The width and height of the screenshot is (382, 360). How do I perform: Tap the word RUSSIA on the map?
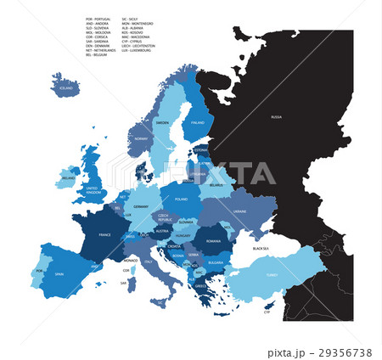(276, 115)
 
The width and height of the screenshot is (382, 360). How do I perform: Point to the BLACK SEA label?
(259, 248)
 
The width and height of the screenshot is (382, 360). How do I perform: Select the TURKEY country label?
(272, 274)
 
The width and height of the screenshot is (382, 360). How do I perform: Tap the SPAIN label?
(60, 274)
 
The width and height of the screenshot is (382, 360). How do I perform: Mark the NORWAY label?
(141, 138)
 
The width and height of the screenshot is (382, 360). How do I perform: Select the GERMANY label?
(141, 206)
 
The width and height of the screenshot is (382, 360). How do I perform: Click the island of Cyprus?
(269, 304)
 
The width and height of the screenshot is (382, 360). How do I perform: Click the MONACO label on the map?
(130, 260)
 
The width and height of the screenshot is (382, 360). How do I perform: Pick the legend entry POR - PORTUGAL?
(99, 18)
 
